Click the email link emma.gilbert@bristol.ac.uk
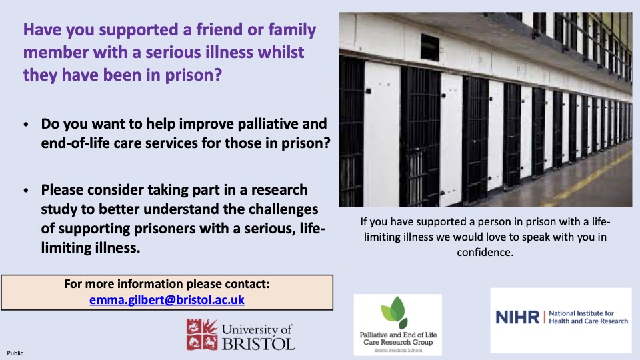tap(167, 300)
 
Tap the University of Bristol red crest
tap(202, 335)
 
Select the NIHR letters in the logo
tap(517, 317)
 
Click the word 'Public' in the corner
tap(15, 353)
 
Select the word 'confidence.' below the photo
tap(485, 252)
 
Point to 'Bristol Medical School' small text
tap(397, 349)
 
